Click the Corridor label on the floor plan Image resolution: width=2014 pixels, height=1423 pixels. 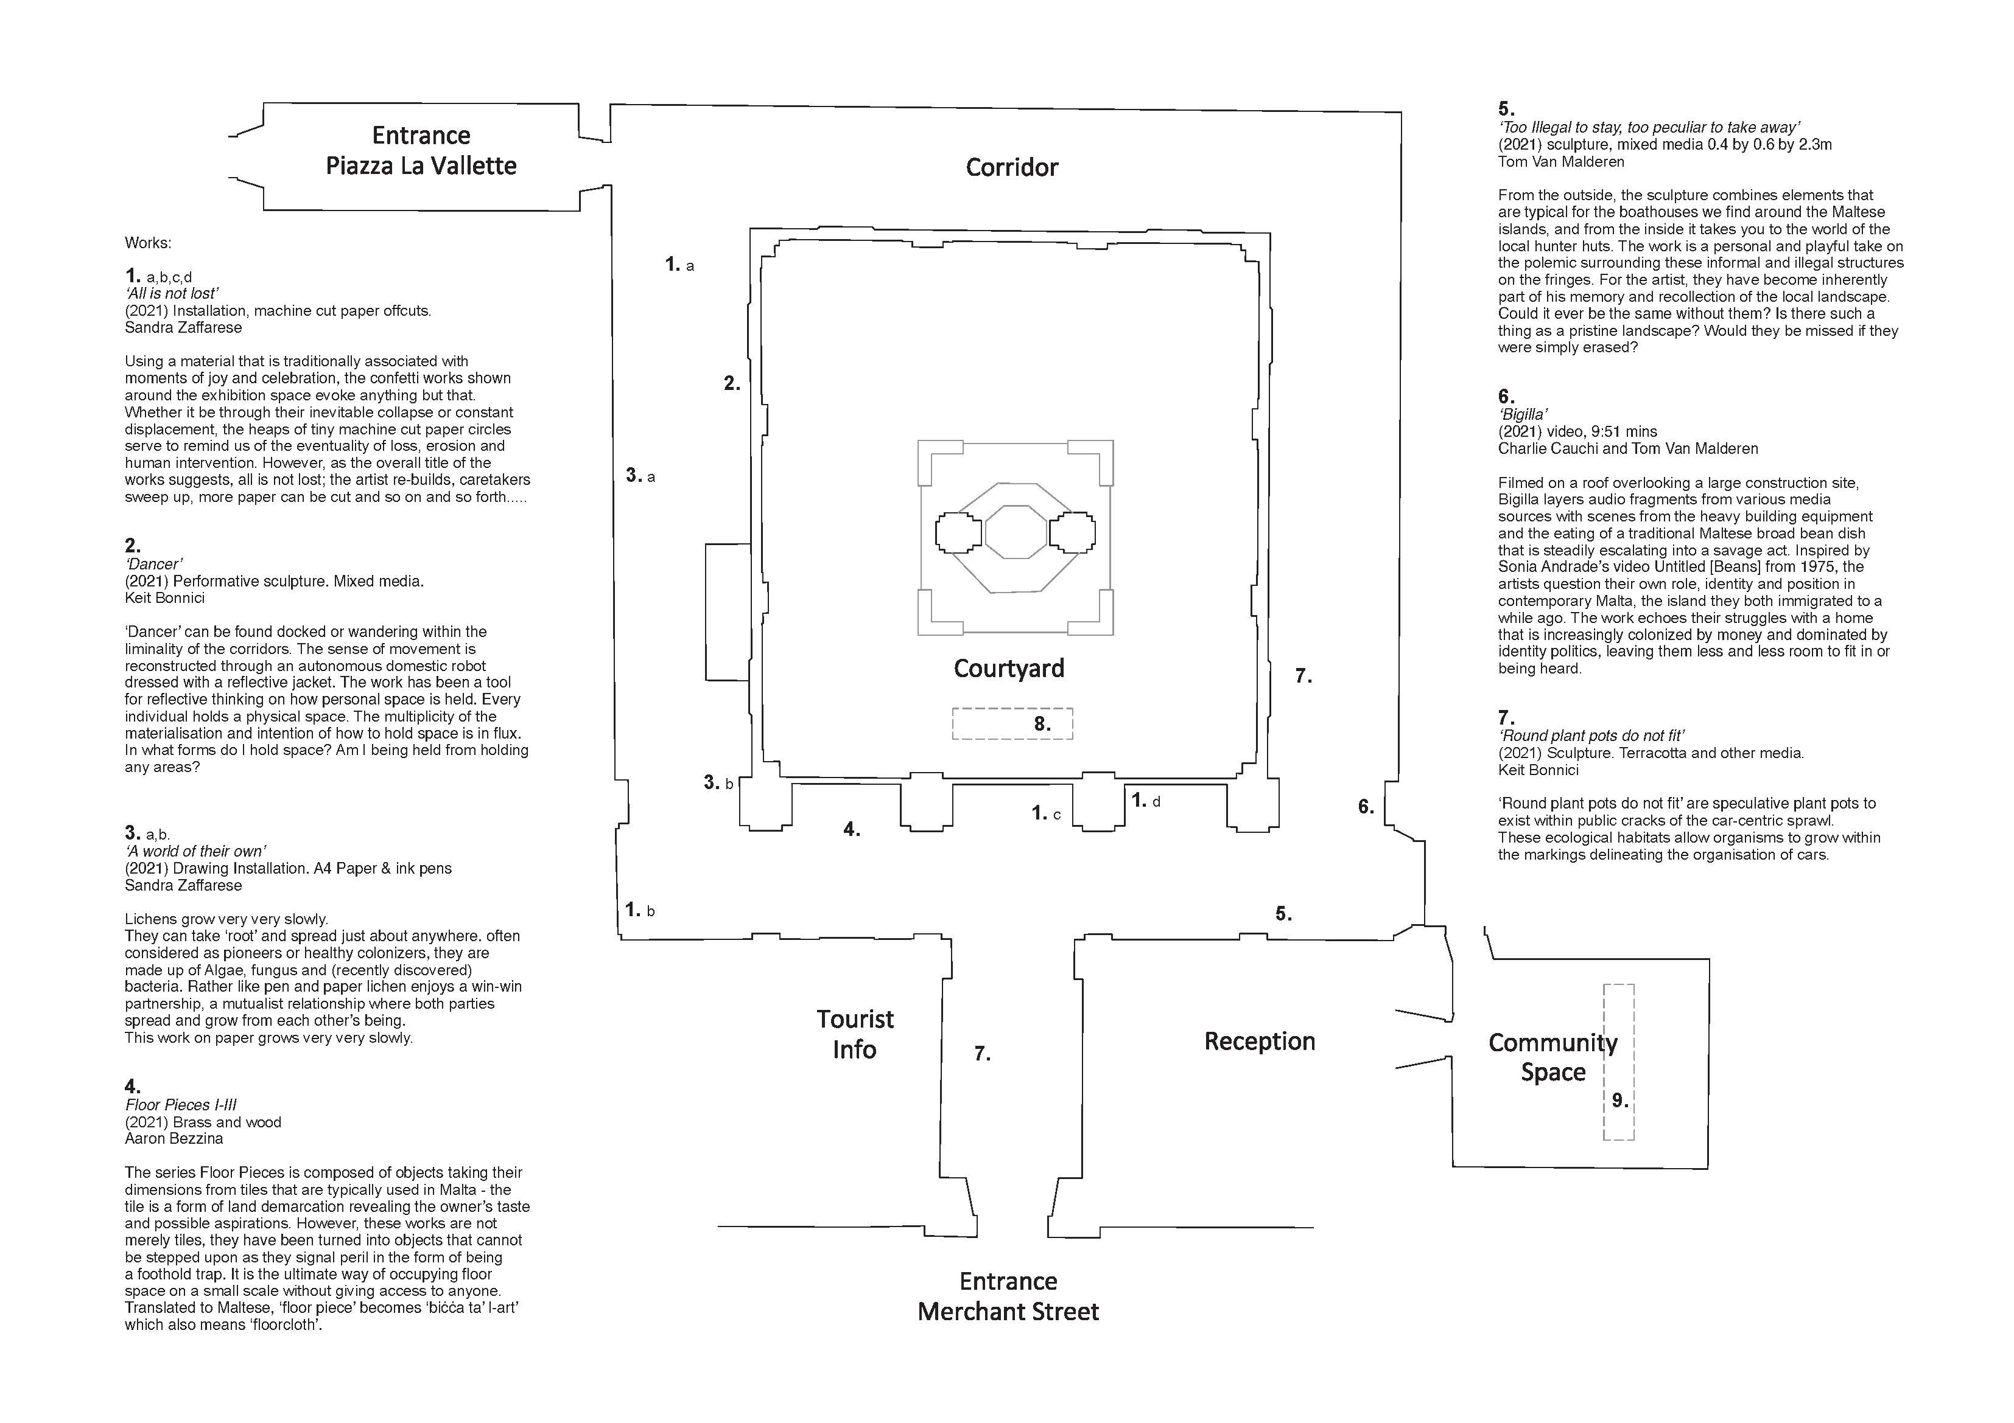[1011, 167]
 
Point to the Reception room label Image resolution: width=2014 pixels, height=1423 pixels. [1259, 1041]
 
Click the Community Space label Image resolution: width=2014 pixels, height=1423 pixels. [1553, 1057]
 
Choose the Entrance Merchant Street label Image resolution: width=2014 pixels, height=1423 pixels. [1008, 1296]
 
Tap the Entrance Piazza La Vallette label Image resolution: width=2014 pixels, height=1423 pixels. [421, 150]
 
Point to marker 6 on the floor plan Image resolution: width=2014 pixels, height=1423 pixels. [1366, 807]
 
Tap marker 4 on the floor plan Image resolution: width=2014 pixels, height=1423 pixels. [852, 829]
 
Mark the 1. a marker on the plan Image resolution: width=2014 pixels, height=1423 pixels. [679, 264]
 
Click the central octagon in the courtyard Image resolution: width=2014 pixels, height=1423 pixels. [1016, 531]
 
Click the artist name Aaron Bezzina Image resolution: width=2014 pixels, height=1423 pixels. [174, 1138]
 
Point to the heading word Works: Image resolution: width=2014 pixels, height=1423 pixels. [148, 243]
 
